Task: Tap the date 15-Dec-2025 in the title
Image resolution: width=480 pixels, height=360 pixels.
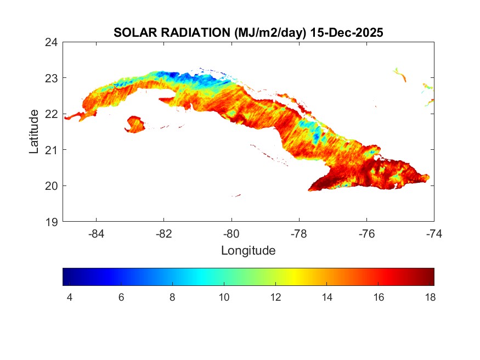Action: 346,33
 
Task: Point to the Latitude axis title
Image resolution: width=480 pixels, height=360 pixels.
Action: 34,131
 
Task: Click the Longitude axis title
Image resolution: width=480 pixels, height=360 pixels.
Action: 248,251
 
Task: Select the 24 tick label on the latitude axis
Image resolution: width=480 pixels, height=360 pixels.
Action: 52,42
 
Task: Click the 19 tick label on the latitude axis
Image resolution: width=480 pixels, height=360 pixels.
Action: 52,222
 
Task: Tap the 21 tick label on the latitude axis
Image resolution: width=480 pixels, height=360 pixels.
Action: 52,149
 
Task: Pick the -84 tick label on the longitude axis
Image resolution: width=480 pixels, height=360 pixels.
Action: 97,233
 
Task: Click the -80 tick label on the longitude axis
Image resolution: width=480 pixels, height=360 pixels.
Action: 231,233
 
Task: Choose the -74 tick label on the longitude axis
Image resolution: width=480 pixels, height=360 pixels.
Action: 434,233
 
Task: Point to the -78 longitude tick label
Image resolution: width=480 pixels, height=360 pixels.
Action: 299,233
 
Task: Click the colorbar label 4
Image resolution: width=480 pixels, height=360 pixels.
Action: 69,297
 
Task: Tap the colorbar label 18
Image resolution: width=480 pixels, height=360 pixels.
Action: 429,297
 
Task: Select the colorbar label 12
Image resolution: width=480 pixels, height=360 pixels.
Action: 275,297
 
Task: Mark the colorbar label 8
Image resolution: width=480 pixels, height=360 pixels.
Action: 172,297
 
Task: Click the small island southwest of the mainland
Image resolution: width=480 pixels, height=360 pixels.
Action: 135,124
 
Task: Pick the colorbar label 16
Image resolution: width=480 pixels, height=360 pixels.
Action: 378,297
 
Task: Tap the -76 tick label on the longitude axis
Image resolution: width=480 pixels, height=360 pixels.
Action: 366,233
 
